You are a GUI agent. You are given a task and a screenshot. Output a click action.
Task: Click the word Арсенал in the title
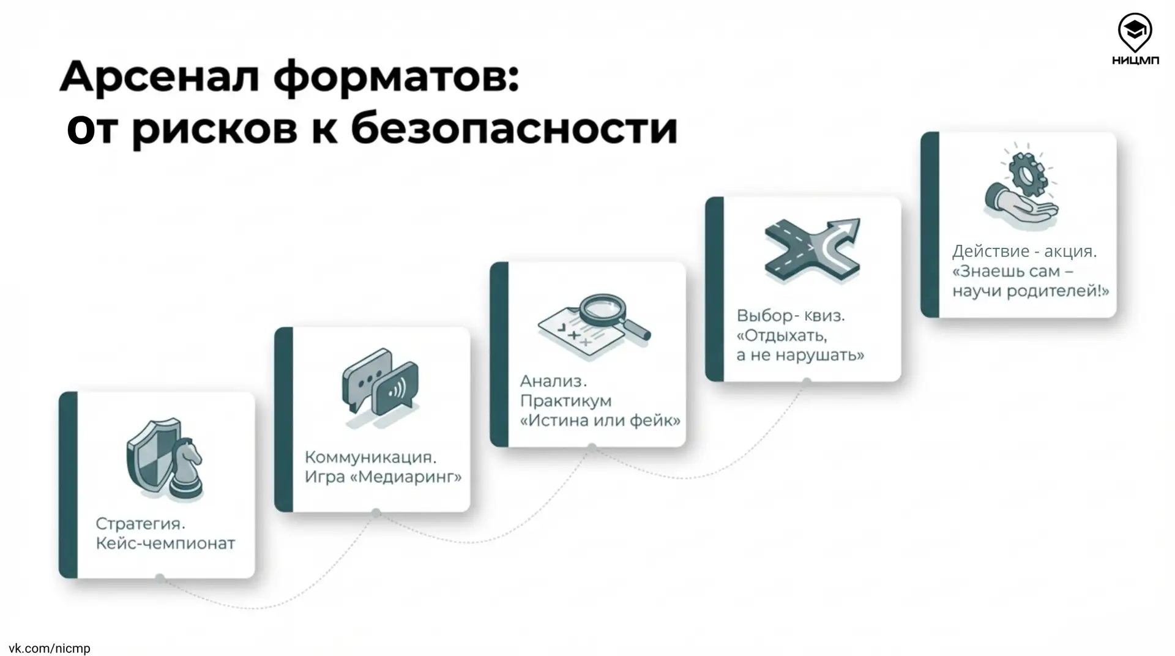(x=160, y=76)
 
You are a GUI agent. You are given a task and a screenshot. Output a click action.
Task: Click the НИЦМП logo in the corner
(x=1135, y=40)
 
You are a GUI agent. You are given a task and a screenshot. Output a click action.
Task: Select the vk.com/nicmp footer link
(x=50, y=648)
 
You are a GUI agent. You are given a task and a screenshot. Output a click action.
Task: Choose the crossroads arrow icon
(x=812, y=250)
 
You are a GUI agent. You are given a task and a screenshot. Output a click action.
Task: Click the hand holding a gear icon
(x=1021, y=186)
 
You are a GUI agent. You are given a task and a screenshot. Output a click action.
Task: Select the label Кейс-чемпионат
(x=165, y=543)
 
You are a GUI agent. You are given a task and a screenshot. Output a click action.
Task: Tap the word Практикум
(x=565, y=401)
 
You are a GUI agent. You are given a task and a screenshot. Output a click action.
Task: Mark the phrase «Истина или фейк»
(x=600, y=420)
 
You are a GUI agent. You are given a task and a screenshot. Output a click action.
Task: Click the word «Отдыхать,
(x=782, y=336)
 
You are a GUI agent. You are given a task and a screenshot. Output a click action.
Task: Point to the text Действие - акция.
(x=1024, y=251)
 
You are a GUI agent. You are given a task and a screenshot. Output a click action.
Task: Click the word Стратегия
(x=140, y=524)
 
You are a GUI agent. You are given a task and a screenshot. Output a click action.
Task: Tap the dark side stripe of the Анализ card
(x=499, y=354)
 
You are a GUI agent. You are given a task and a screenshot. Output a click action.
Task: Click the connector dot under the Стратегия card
(x=160, y=578)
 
